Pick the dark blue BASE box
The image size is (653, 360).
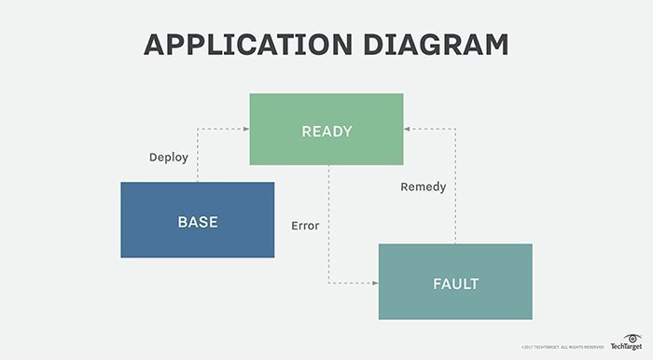pyautogui.click(x=198, y=220)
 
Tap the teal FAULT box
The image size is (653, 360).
pyautogui.click(x=455, y=282)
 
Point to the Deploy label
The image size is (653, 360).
pyautogui.click(x=169, y=157)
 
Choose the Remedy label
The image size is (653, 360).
pyautogui.click(x=423, y=187)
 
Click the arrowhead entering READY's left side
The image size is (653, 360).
pyautogui.click(x=244, y=130)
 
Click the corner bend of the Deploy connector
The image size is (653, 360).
pyautogui.click(x=198, y=130)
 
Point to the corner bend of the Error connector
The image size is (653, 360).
pyautogui.click(x=327, y=282)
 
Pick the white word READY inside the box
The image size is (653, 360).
pyautogui.click(x=326, y=131)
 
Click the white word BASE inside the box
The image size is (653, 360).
pyautogui.click(x=198, y=221)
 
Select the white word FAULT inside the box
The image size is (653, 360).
pyautogui.click(x=455, y=283)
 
